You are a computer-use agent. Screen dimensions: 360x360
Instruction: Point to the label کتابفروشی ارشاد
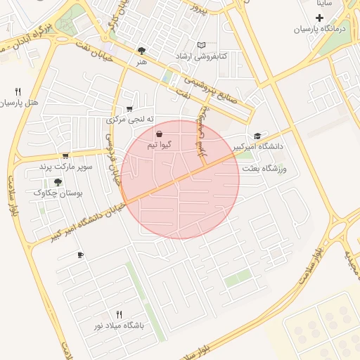(x=201, y=56)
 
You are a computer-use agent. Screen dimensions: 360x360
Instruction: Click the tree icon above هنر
(x=142, y=51)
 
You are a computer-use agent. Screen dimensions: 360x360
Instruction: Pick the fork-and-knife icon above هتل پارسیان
(x=18, y=91)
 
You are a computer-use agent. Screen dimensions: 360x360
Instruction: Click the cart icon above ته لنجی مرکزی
(x=129, y=109)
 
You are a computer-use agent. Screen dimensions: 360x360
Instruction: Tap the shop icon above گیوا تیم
(x=159, y=134)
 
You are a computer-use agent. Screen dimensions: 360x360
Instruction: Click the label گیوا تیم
(x=158, y=145)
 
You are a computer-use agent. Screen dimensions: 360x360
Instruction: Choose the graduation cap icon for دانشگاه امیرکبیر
(x=257, y=136)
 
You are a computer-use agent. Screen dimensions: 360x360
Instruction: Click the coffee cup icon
(x=80, y=255)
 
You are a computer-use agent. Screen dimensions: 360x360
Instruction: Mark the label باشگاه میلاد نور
(x=118, y=326)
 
